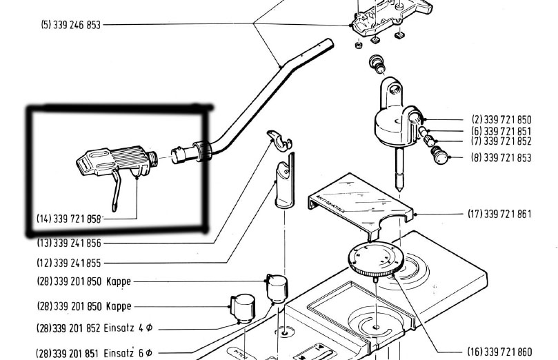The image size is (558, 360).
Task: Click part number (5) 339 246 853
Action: tap(70, 25)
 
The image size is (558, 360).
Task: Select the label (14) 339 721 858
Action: tap(69, 219)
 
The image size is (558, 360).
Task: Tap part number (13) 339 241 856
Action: tap(69, 243)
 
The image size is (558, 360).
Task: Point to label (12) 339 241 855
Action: tap(69, 263)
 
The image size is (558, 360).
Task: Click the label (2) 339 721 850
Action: tap(501, 119)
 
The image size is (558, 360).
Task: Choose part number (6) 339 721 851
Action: tap(501, 131)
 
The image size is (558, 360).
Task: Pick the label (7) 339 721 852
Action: tap(501, 141)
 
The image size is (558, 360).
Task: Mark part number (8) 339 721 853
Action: tap(501, 158)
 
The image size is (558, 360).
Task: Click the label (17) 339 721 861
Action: tap(499, 214)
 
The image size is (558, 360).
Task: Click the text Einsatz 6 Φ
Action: tap(128, 352)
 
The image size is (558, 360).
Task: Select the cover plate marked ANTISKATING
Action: tap(359, 200)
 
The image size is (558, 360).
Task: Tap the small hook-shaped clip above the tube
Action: tap(279, 138)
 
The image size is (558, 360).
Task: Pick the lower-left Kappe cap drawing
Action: tap(241, 307)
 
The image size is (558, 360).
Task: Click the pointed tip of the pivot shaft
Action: tap(399, 188)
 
